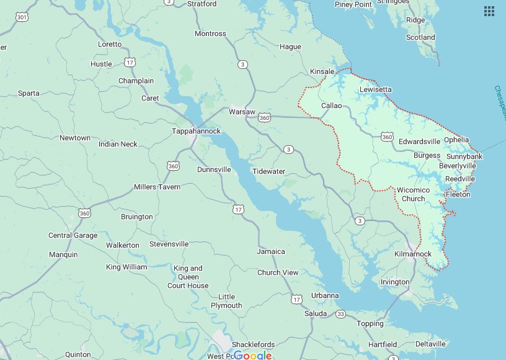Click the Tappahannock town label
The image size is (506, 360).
(x=196, y=132)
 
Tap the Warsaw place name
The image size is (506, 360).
(x=242, y=112)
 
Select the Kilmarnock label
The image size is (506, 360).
(x=413, y=254)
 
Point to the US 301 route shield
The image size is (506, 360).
(x=22, y=17)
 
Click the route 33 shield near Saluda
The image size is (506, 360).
(x=340, y=314)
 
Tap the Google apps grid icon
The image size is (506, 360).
(x=489, y=11)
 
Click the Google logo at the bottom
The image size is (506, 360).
(x=253, y=355)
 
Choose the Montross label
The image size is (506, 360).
(x=210, y=34)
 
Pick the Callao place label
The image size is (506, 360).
(x=331, y=106)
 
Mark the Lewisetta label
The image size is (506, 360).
(x=376, y=89)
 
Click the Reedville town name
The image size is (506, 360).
(x=460, y=179)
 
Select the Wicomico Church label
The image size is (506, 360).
(x=413, y=194)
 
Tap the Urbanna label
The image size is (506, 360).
(x=325, y=295)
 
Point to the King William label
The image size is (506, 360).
(x=126, y=267)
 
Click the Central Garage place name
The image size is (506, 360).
(x=73, y=235)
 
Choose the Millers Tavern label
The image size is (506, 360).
(x=158, y=187)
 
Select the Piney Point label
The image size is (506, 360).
(x=353, y=4)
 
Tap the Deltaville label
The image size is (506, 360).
(x=430, y=344)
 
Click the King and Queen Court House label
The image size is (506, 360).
(x=188, y=277)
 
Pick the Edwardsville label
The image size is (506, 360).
(x=419, y=142)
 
